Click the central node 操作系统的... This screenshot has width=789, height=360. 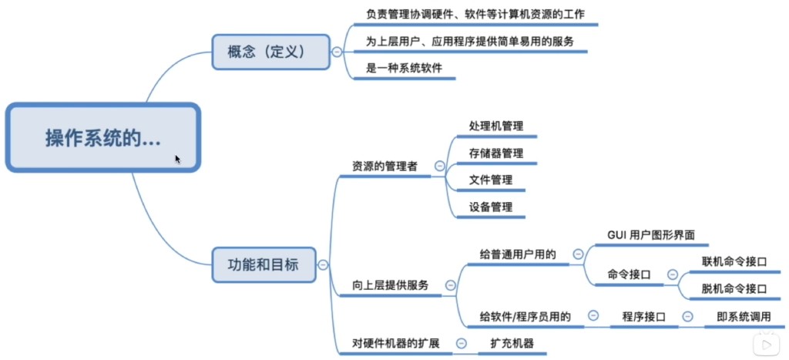102,137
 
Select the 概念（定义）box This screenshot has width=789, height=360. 270,52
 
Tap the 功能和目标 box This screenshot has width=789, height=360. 264,264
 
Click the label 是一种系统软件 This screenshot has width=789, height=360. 404,69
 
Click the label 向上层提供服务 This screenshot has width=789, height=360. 391,285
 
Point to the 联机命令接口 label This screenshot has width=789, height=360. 734,262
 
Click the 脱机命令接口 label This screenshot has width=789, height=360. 734,289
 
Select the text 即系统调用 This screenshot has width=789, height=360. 744,317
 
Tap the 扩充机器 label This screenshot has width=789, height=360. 512,343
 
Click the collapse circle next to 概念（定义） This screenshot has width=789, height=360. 337,52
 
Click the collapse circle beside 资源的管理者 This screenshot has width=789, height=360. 440,166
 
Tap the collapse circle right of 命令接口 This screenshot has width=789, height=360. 672,274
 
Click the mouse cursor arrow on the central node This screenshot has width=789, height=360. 178,159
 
